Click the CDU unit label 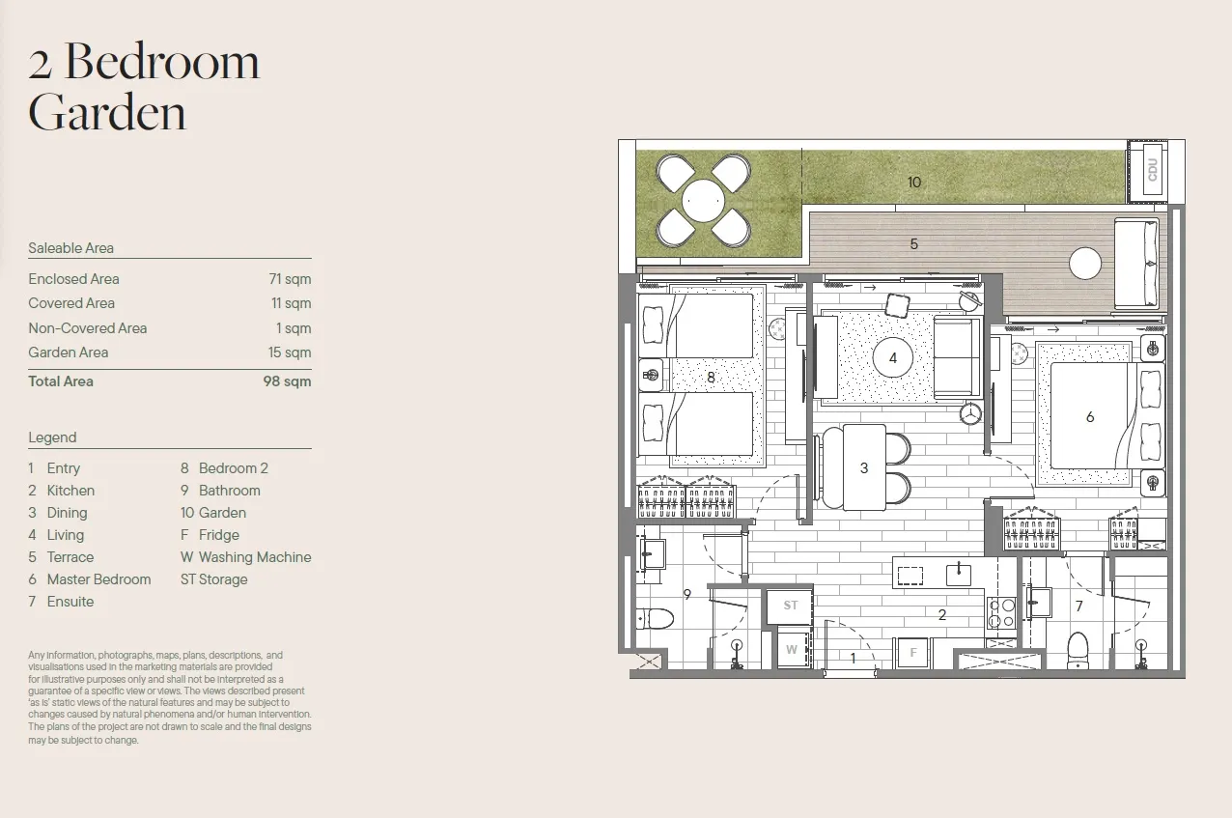[x=1152, y=170]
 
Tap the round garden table [x=703, y=201]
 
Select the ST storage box [x=790, y=606]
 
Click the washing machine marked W [x=792, y=650]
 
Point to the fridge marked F [x=913, y=653]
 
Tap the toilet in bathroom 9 [x=655, y=618]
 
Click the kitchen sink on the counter [x=958, y=575]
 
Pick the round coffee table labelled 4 [x=893, y=358]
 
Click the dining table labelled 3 [x=864, y=467]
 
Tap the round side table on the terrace [x=1085, y=264]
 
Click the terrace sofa [x=1136, y=264]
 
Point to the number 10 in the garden [x=914, y=183]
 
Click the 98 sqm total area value [x=287, y=381]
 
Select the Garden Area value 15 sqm [x=290, y=353]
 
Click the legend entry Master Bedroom [x=99, y=579]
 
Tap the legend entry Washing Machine [x=255, y=557]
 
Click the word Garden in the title [x=107, y=112]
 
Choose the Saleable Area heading [x=70, y=248]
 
